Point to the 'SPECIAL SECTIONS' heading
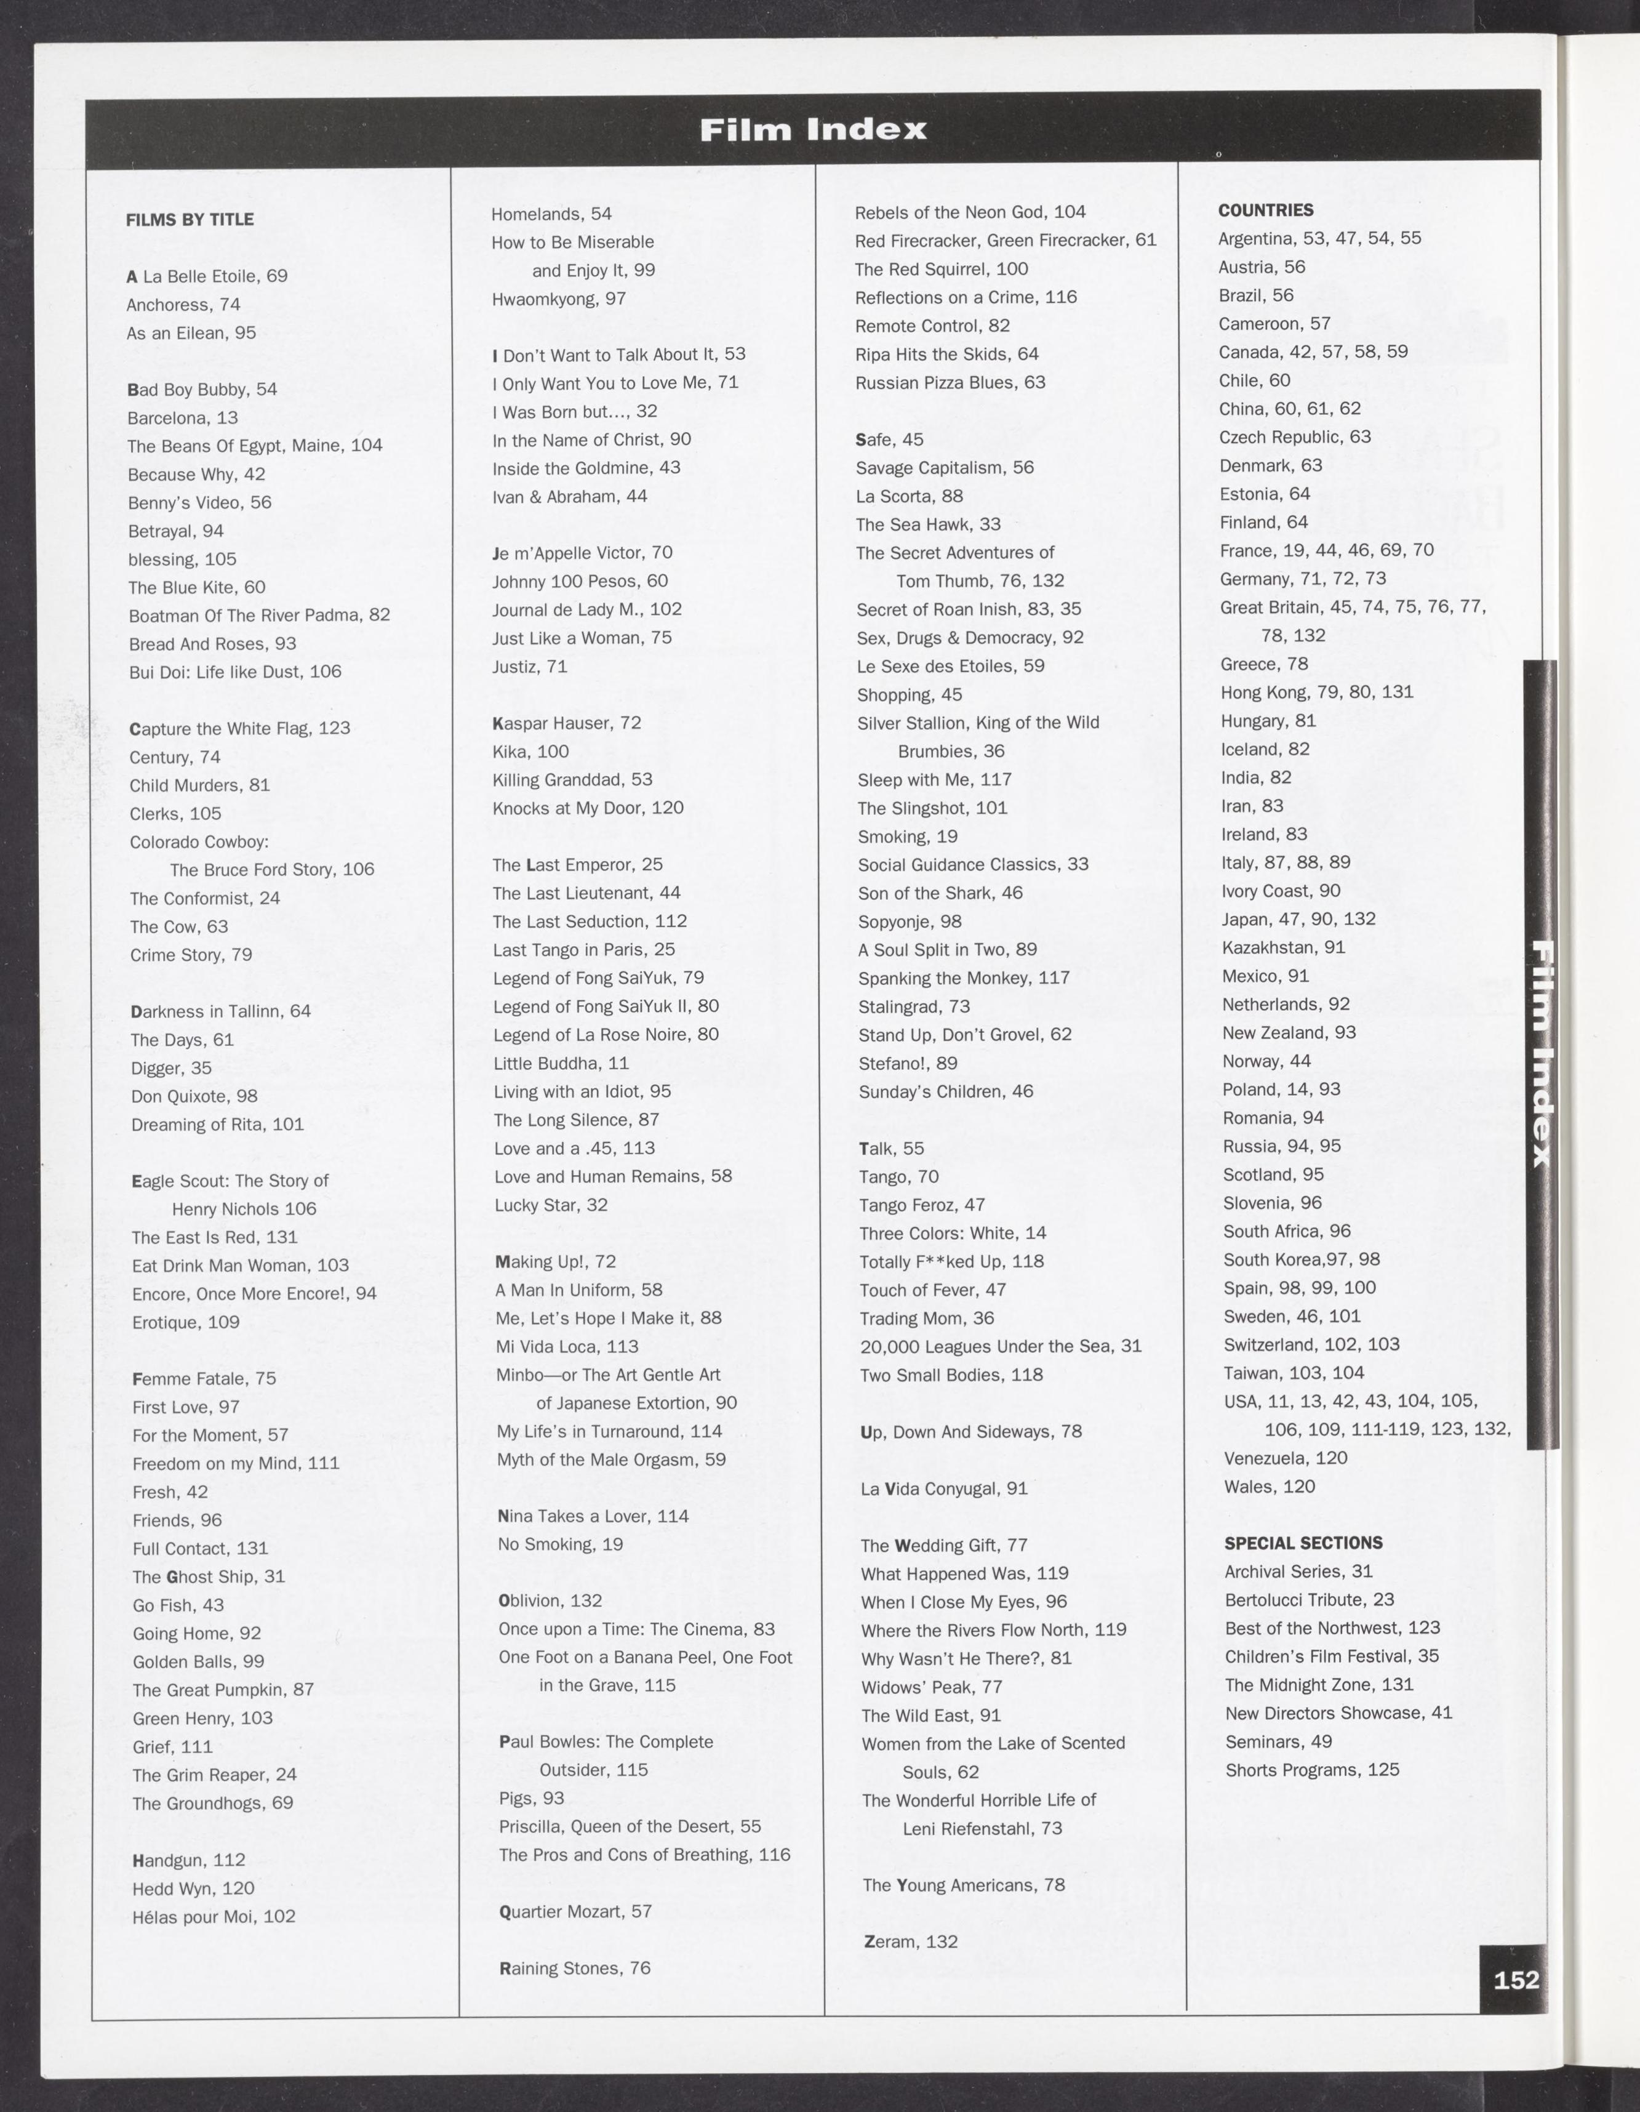click(1303, 1543)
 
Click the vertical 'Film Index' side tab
click(1542, 1053)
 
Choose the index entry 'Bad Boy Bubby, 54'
click(202, 389)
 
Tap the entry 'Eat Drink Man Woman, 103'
click(240, 1265)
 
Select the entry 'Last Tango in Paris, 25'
click(583, 950)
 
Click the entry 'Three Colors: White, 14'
click(953, 1233)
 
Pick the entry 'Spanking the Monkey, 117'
click(963, 978)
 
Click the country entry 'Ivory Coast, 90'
click(1280, 891)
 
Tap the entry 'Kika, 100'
click(530, 752)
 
